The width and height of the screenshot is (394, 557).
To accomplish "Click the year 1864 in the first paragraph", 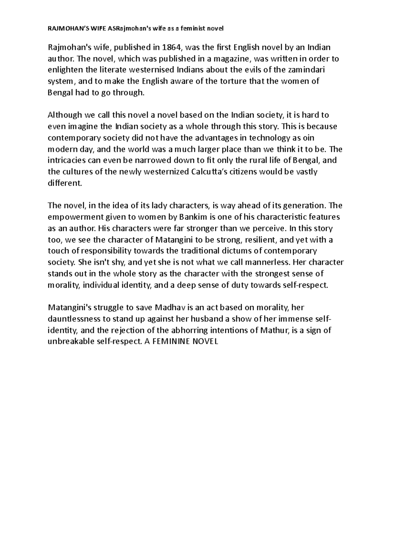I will click(171, 48).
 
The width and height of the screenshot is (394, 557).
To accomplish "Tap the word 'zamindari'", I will click(308, 70).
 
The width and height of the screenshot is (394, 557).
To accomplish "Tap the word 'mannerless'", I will click(267, 262).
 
